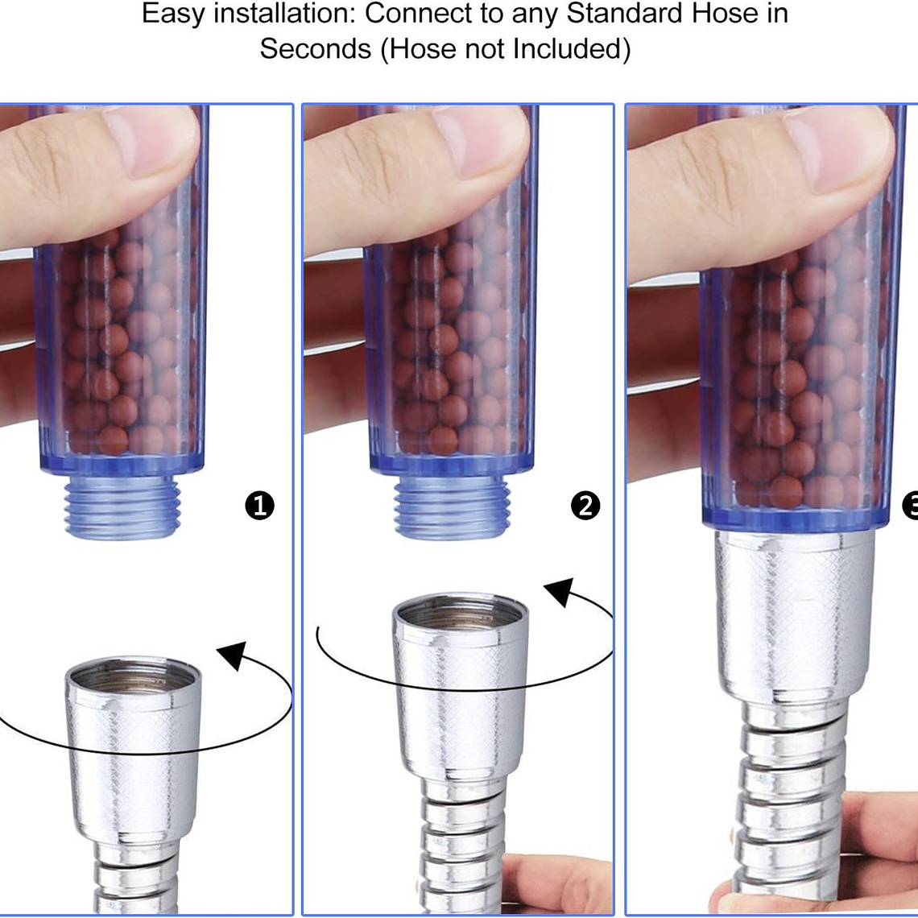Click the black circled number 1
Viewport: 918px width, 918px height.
click(259, 505)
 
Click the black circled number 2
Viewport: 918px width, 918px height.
click(585, 505)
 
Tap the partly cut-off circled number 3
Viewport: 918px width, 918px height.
click(911, 505)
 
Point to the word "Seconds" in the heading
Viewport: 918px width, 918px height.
click(316, 48)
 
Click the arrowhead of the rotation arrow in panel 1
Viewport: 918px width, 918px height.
click(233, 655)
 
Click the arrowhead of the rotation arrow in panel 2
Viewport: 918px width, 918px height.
click(559, 592)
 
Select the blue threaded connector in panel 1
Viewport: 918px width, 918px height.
click(122, 507)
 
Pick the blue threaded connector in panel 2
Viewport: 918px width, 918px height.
click(452, 507)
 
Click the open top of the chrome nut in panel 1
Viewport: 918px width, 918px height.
click(134, 675)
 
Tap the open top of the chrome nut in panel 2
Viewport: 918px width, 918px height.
click(461, 612)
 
